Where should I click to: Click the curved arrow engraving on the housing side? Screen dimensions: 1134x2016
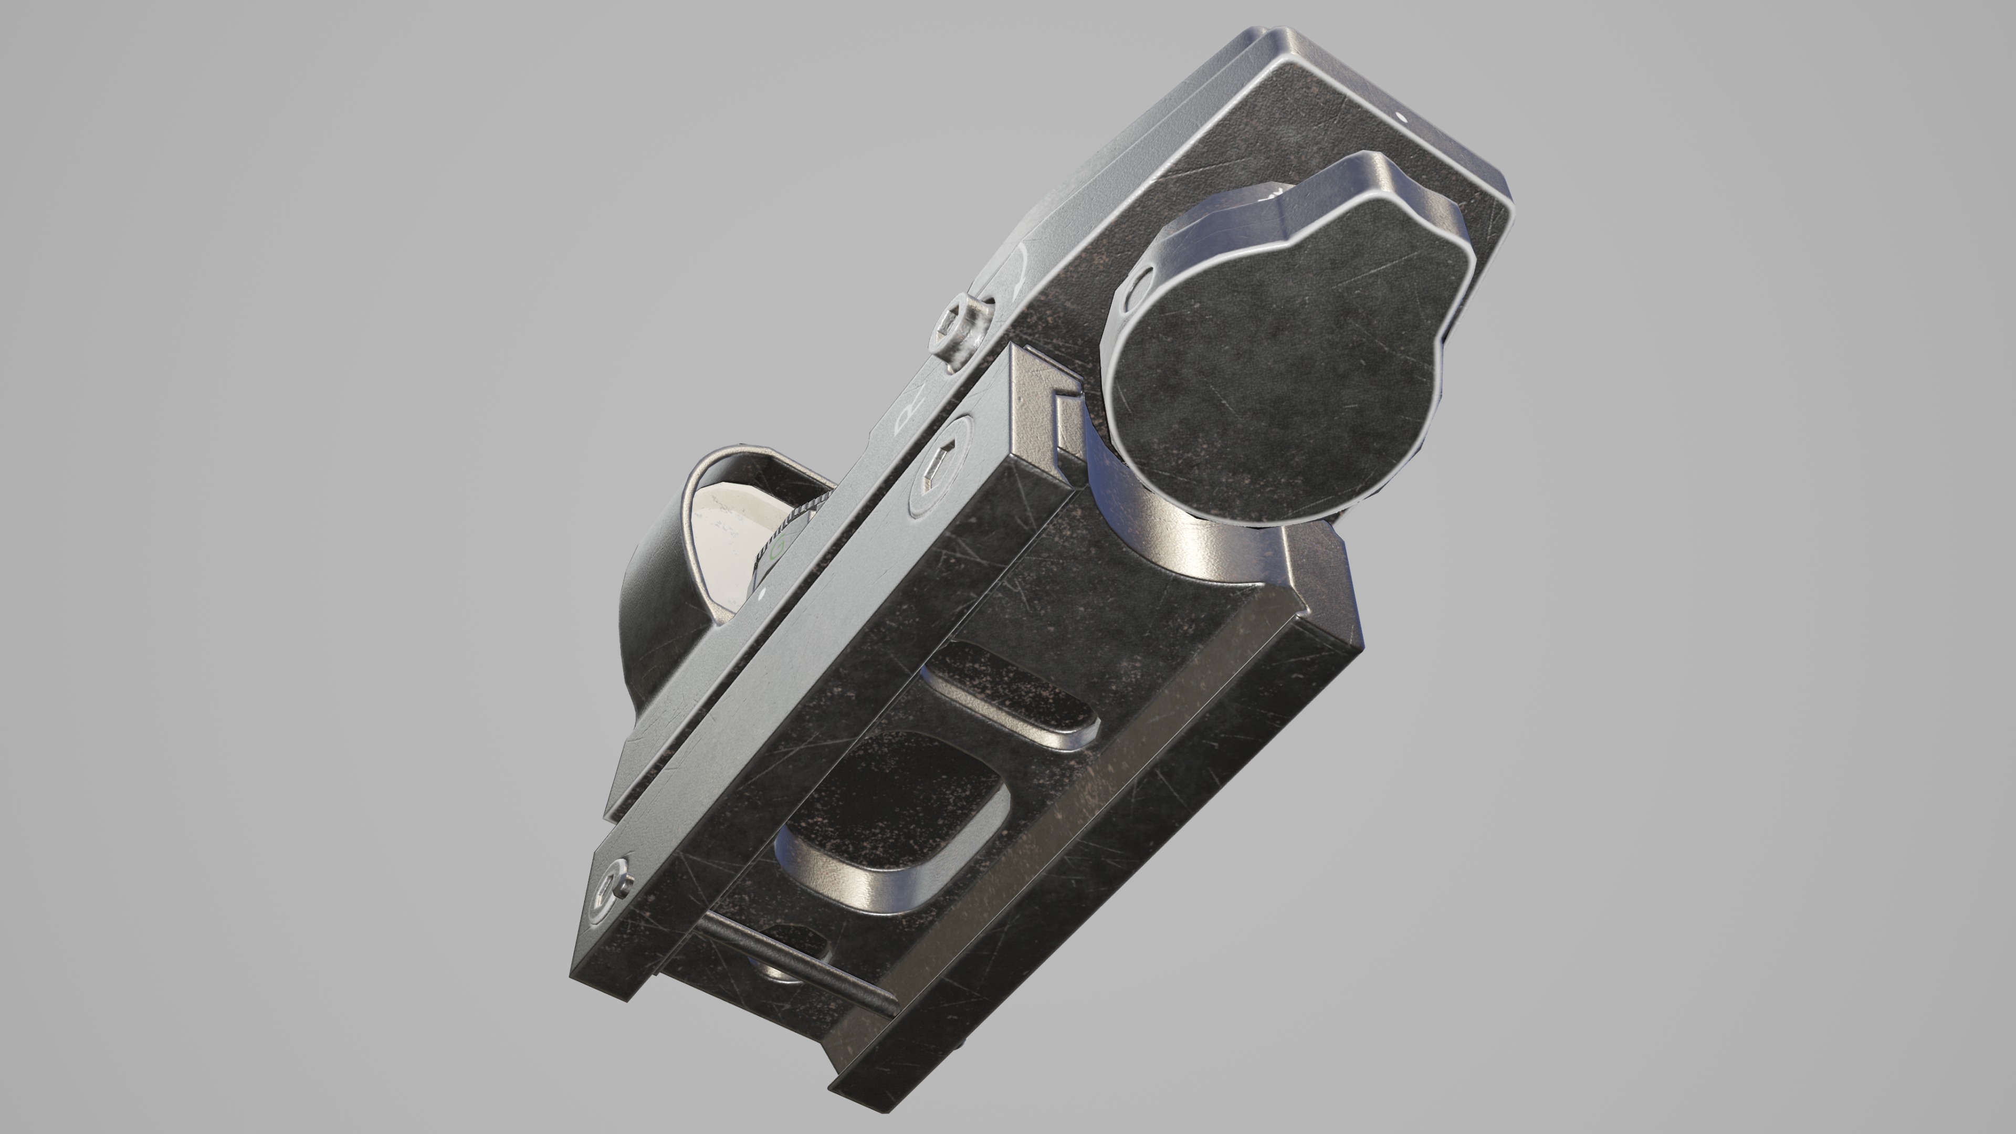[x=1014, y=270]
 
